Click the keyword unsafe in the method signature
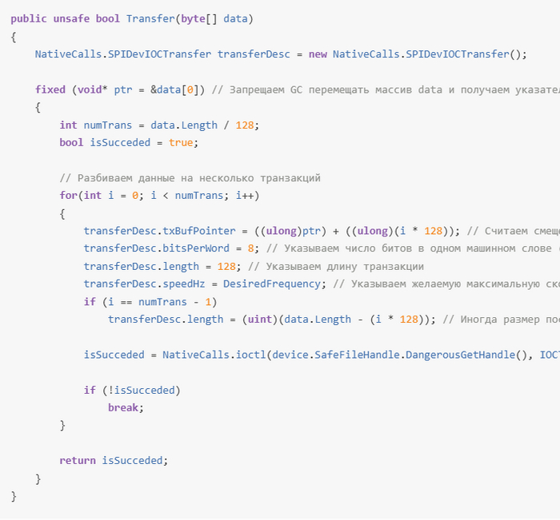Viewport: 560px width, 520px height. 71,18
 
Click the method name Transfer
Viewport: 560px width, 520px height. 150,18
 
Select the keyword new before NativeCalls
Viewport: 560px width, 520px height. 318,54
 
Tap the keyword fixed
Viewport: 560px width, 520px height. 50,89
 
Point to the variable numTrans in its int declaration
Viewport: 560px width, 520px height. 107,125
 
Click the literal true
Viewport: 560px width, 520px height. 181,142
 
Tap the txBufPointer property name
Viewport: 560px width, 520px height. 199,231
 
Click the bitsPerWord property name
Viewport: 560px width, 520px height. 196,248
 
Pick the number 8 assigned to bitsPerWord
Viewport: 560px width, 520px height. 250,248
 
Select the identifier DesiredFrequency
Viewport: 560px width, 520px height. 272,284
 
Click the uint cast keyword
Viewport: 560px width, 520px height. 260,320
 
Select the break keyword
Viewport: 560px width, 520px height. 123,407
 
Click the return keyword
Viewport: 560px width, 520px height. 78,461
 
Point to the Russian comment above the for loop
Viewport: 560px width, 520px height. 190,178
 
